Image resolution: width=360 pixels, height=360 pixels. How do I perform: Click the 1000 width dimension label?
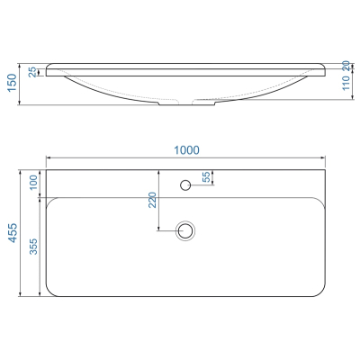coord(186,150)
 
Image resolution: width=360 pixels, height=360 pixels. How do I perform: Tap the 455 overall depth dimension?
coord(13,233)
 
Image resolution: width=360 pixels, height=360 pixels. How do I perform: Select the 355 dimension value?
coord(34,247)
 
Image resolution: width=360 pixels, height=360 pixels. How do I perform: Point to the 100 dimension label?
coord(33,182)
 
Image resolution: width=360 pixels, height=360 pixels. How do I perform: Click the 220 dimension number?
coord(152,200)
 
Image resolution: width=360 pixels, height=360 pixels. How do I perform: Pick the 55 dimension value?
coord(207,177)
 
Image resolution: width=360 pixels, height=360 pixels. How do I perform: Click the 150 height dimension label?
coord(13,83)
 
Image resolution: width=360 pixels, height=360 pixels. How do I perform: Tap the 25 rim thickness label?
coord(33,72)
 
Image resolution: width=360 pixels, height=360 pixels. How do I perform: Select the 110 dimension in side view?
coord(346,83)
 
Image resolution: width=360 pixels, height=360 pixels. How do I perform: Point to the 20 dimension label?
coord(346,66)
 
